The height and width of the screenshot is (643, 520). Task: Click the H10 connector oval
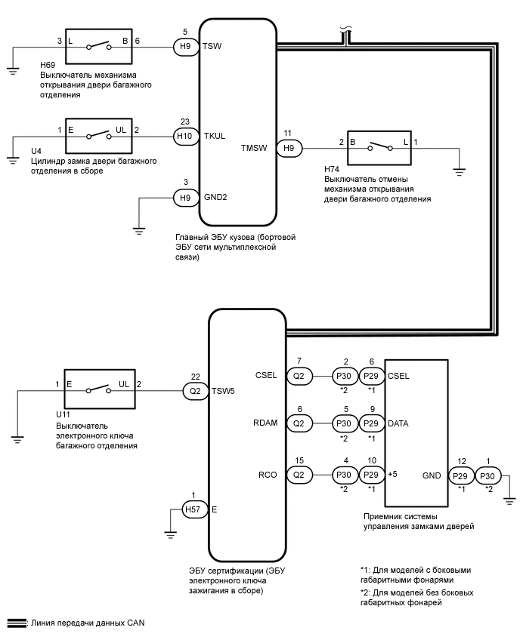click(184, 137)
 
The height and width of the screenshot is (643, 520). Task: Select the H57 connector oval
click(195, 509)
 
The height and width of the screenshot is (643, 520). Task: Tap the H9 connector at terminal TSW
click(184, 46)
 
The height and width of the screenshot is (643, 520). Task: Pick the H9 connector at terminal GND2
click(184, 198)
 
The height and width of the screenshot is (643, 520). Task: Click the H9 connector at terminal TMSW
click(288, 148)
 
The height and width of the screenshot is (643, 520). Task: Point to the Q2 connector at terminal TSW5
click(196, 390)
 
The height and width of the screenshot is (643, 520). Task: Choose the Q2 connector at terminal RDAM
click(299, 423)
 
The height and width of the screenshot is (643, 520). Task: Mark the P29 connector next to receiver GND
click(461, 475)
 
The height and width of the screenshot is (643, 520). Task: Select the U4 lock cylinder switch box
click(99, 137)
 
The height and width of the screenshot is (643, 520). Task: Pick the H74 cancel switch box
click(379, 148)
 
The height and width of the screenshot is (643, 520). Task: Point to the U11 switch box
click(99, 390)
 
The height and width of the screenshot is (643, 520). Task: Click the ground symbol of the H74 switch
click(459, 172)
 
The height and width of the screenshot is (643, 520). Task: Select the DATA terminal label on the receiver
click(398, 423)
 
